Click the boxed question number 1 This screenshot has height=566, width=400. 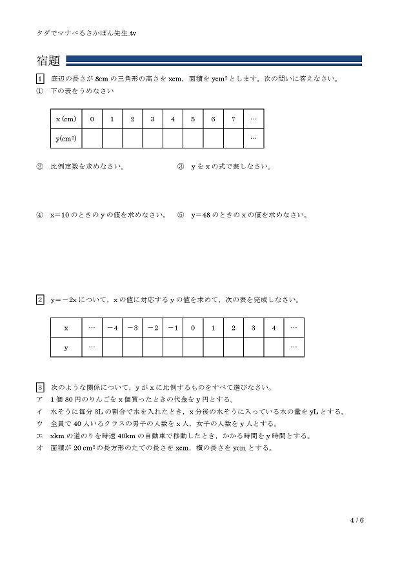40,79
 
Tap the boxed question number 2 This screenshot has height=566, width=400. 40,299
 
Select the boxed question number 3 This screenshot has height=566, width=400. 40,387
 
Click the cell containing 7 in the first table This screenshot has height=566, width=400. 233,119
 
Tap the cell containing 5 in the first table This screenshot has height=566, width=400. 193,119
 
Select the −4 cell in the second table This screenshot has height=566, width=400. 112,328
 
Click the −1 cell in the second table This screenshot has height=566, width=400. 172,328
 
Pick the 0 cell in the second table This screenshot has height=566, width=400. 193,328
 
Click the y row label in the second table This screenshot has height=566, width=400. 66,347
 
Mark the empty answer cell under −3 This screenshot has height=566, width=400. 132,347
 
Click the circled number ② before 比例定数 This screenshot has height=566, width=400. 40,167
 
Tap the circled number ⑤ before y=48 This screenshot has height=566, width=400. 181,215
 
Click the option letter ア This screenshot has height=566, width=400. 40,399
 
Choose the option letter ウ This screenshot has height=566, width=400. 40,424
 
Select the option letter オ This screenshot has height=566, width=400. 40,449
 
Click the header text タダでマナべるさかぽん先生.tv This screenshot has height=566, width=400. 87,32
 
